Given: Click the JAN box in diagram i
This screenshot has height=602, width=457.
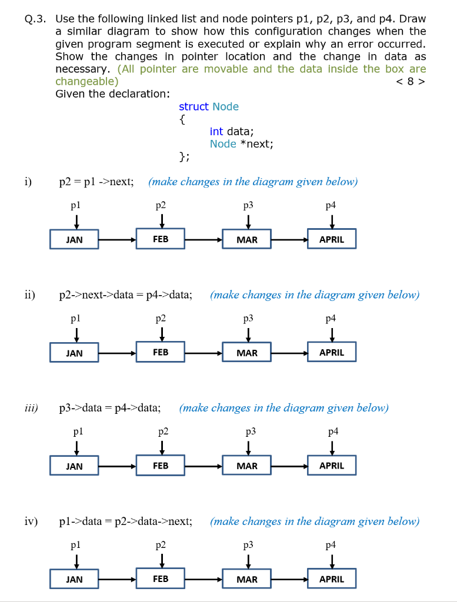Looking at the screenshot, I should [x=74, y=240].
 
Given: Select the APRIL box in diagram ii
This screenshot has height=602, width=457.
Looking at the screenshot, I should [x=331, y=353].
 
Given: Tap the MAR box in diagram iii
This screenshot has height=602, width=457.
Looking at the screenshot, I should [x=246, y=466].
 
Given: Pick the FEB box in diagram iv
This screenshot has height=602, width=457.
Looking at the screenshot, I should [x=161, y=579].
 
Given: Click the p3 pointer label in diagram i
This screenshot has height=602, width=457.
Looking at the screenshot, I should [x=248, y=205].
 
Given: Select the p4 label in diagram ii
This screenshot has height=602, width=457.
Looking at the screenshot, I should [x=332, y=318].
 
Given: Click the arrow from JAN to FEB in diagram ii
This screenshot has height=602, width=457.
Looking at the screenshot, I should [x=118, y=353].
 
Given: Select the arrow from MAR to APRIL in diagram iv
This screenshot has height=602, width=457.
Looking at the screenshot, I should [x=289, y=579].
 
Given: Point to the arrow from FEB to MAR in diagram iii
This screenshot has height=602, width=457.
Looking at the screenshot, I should [x=204, y=466].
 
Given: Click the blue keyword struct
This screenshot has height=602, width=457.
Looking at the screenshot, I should [x=194, y=106].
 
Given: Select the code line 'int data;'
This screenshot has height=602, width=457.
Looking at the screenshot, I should [x=232, y=132].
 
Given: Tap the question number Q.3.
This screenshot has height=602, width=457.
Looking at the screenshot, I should [x=35, y=18].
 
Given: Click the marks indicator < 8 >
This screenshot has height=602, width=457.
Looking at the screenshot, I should [x=411, y=81].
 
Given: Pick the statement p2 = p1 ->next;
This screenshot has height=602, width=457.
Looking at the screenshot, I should [x=96, y=182].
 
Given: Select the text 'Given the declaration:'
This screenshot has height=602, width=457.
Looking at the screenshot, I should [x=112, y=93].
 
